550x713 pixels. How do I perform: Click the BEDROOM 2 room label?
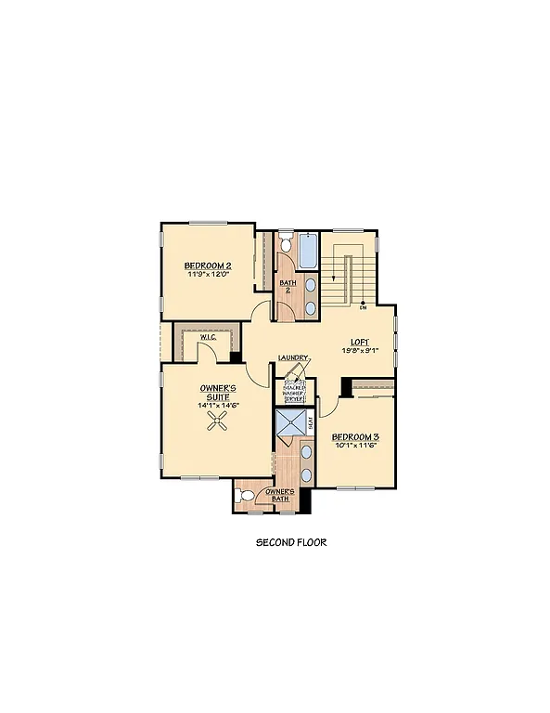click(207, 266)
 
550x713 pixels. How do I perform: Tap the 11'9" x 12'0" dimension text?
click(207, 275)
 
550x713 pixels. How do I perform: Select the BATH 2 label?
click(288, 286)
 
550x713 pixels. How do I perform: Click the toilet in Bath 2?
click(287, 244)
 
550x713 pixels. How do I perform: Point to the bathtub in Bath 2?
click(310, 249)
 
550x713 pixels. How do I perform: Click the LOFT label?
click(362, 341)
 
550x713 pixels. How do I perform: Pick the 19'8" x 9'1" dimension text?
click(362, 350)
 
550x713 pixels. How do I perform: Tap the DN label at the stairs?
click(363, 307)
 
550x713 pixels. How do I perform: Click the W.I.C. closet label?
click(207, 337)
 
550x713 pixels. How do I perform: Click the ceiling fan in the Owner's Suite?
click(219, 423)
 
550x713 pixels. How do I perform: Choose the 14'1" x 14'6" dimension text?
click(219, 406)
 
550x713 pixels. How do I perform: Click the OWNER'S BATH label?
click(279, 494)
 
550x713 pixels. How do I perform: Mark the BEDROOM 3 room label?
click(356, 435)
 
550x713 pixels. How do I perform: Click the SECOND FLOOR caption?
click(291, 542)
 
